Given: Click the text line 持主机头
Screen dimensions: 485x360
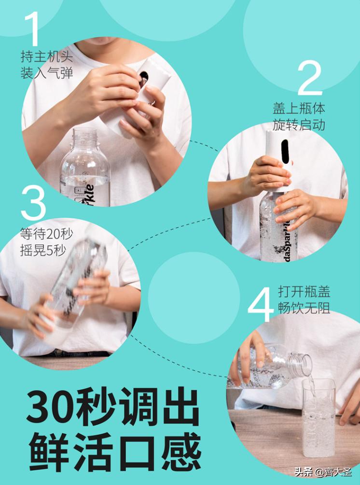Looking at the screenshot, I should pyautogui.click(x=46, y=56).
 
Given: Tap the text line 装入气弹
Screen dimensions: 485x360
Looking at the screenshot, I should pyautogui.click(x=46, y=73).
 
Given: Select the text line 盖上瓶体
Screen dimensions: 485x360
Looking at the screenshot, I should pyautogui.click(x=299, y=108).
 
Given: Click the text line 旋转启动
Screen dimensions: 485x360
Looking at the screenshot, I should pyautogui.click(x=299, y=125).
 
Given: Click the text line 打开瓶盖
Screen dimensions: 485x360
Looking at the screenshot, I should pyautogui.click(x=304, y=292).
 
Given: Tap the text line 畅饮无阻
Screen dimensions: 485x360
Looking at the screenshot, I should pyautogui.click(x=304, y=308).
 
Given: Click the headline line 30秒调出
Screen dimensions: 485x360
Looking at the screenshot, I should pyautogui.click(x=113, y=406).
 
